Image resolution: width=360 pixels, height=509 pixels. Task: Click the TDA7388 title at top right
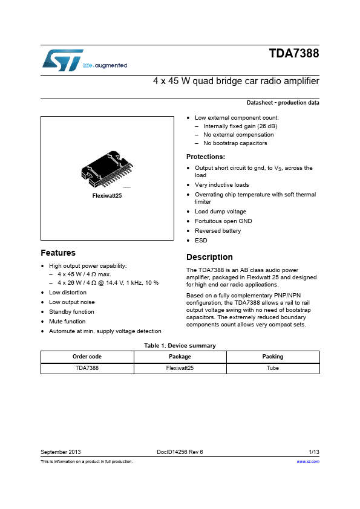pos(294,54)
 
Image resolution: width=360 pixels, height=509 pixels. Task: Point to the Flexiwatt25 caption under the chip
pos(107,196)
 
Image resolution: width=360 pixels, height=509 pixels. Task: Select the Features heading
pos(58,253)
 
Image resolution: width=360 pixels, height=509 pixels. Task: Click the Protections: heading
pos(206,157)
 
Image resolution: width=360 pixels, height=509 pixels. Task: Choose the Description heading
pos(209,257)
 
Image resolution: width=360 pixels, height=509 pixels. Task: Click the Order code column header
pos(87,357)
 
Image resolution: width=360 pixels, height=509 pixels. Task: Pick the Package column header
pos(180,357)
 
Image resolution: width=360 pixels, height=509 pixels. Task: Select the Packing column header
pos(273,357)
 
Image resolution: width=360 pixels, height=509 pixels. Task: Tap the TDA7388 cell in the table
pos(87,368)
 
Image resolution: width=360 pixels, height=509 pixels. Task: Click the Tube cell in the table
pos(273,368)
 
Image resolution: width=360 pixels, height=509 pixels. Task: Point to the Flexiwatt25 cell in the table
pos(180,368)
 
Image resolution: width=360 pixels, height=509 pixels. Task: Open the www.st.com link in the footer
pos(308,461)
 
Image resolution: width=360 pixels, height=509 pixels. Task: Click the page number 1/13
pos(314,452)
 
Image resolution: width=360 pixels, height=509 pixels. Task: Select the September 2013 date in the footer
pos(61,452)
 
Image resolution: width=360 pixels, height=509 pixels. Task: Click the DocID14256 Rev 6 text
pos(180,452)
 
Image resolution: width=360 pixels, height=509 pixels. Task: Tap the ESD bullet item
pos(201,240)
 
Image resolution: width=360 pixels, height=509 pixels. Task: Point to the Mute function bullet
pos(67,322)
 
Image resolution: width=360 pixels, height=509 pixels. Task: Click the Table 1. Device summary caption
pos(180,346)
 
